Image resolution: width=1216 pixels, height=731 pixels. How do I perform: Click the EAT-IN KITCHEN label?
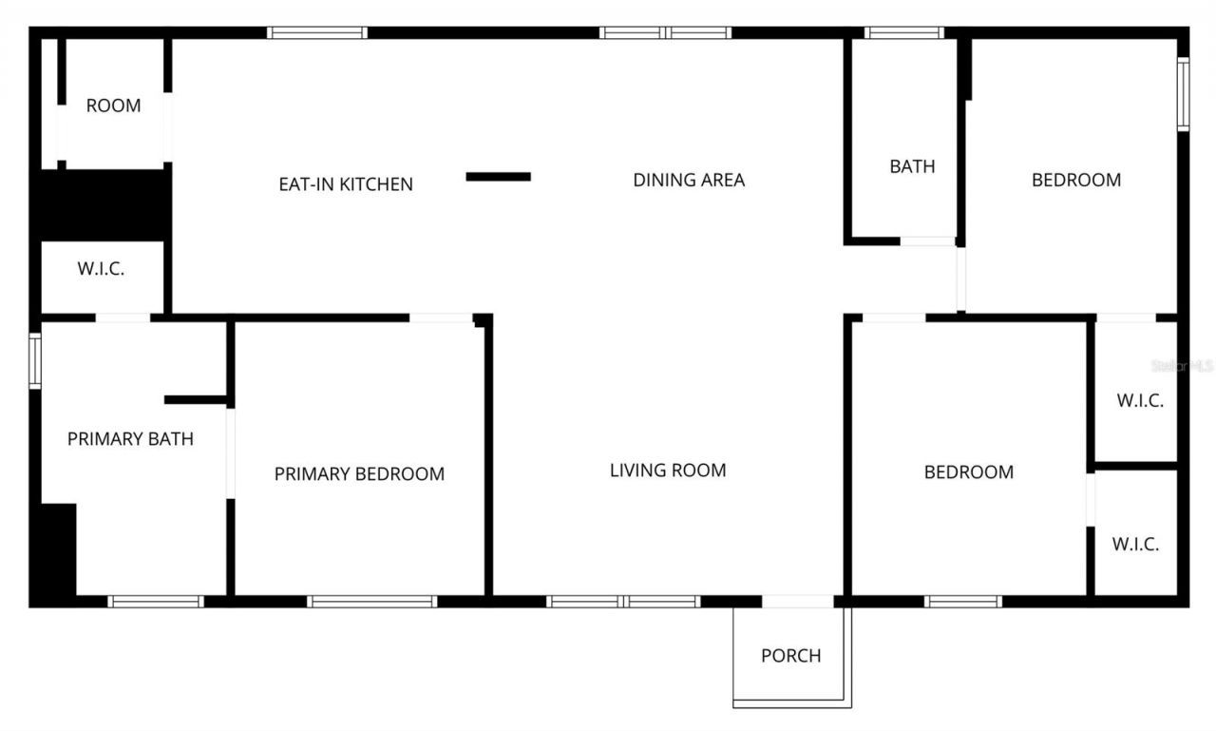coord(345,184)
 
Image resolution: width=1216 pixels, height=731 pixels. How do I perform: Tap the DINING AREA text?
coord(689,180)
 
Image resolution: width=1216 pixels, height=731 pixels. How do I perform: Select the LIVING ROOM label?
coord(668,470)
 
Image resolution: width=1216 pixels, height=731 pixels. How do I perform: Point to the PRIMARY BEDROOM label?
coord(359,473)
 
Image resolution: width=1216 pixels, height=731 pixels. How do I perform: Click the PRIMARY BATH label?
coord(130,439)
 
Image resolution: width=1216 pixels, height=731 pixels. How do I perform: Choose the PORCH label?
coord(790,656)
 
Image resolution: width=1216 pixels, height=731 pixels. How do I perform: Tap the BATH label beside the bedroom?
coord(912,166)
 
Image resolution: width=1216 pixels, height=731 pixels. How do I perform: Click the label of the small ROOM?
coord(113,106)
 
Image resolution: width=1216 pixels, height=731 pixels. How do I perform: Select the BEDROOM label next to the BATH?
coord(1076,180)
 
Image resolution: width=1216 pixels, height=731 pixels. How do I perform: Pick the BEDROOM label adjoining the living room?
coord(969,471)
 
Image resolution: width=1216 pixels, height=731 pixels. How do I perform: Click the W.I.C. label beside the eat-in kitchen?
coord(101,269)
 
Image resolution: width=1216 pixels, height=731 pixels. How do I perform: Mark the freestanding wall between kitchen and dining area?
coord(499,176)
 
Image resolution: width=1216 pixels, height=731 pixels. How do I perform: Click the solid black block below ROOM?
coord(103,204)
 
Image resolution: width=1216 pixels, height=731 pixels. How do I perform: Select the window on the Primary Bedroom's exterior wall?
coord(372,601)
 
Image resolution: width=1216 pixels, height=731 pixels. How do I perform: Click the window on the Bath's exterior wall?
coord(903,33)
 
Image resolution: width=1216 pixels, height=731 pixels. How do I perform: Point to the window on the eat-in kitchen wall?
coord(316,33)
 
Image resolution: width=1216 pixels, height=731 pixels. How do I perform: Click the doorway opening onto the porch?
coord(798,601)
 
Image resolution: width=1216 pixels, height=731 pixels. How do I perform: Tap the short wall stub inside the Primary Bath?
coord(196,400)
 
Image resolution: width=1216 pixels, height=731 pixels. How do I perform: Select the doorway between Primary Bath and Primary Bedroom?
coord(230,452)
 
